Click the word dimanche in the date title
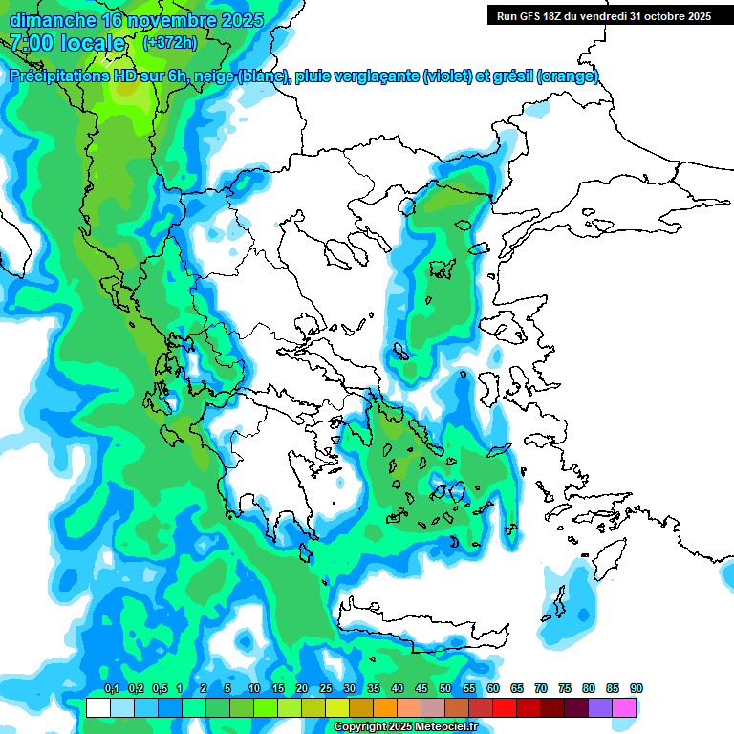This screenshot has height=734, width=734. coord(54,19)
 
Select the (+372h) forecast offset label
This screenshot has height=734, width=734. coord(170,42)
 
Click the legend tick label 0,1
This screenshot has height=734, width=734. coord(111,688)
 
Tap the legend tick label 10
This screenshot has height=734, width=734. coord(253,688)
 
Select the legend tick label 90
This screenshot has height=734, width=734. coord(636,688)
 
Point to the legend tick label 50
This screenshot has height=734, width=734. coord(444,688)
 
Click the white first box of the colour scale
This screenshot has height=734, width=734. coord(97,707)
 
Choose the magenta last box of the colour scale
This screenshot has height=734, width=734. coord(624,707)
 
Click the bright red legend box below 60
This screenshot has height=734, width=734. coord(505,707)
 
